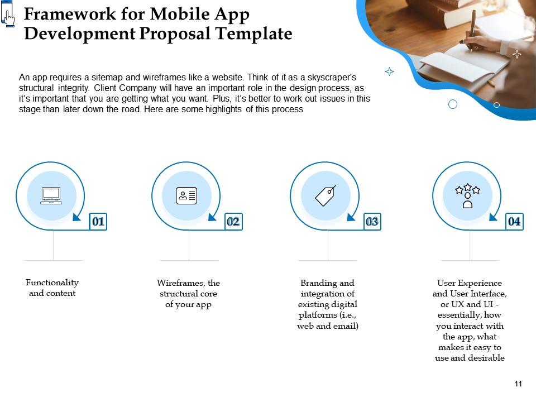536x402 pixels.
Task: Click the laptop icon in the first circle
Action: coord(51,195)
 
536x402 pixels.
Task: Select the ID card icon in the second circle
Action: coord(186,195)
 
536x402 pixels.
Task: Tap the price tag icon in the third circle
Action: coord(326,195)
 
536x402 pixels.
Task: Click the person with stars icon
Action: coord(468,196)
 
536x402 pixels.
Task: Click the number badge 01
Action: coord(98,222)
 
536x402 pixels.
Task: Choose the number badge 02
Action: coord(233,222)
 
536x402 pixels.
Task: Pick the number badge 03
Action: coord(372,222)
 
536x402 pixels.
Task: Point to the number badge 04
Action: coord(514,222)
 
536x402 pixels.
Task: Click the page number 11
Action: coord(518,384)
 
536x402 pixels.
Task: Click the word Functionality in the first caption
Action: coord(52,283)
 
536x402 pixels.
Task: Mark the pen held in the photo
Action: coord(472,25)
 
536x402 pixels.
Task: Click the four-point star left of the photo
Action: coord(390,71)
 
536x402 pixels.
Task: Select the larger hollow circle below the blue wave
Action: coord(453,104)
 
